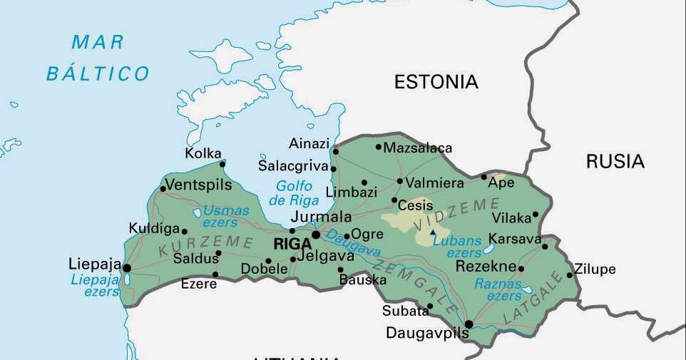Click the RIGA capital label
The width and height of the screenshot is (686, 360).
point(292,244)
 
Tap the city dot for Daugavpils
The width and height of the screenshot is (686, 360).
point(469,324)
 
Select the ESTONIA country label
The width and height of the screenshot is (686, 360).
point(436,82)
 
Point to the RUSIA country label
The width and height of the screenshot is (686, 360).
point(615,162)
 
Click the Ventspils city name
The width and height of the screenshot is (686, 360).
point(199,185)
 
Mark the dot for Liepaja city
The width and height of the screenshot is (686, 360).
point(127,268)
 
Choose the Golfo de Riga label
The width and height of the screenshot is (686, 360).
point(294,193)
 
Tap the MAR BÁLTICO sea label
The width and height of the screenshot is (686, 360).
point(98,58)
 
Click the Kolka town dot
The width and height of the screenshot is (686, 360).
point(222,164)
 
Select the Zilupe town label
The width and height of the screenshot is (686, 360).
point(595,269)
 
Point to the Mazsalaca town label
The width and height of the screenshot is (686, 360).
point(418,148)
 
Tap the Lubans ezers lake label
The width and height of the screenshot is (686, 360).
point(458,247)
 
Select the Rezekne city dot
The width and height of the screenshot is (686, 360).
point(521,269)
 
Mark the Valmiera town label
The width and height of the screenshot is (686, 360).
point(435,183)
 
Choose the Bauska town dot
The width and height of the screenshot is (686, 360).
point(341,269)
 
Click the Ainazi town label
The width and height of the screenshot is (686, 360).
point(309,144)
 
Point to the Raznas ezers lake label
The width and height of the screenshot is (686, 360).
point(498,289)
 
